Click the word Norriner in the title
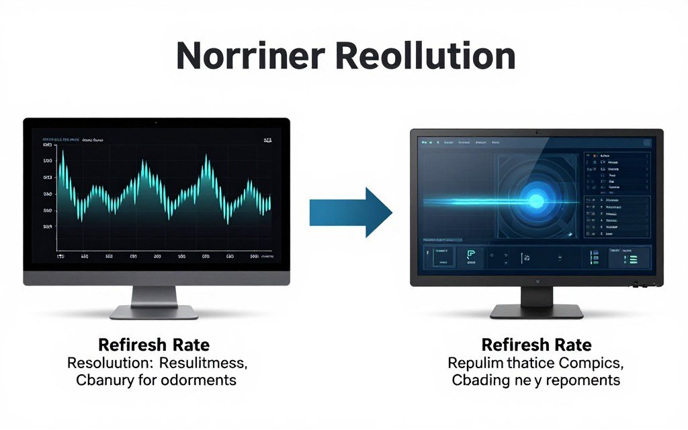coord(249,56)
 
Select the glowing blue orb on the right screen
coord(535,200)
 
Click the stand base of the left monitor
coord(154,311)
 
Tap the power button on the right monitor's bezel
coord(536,281)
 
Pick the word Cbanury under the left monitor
coord(103,380)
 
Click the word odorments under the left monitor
coord(200,380)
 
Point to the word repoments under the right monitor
coord(582,380)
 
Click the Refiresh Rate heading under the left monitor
coord(154,345)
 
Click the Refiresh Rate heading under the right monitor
coord(536,345)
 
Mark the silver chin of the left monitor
coord(157,277)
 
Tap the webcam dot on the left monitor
coord(157,122)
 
